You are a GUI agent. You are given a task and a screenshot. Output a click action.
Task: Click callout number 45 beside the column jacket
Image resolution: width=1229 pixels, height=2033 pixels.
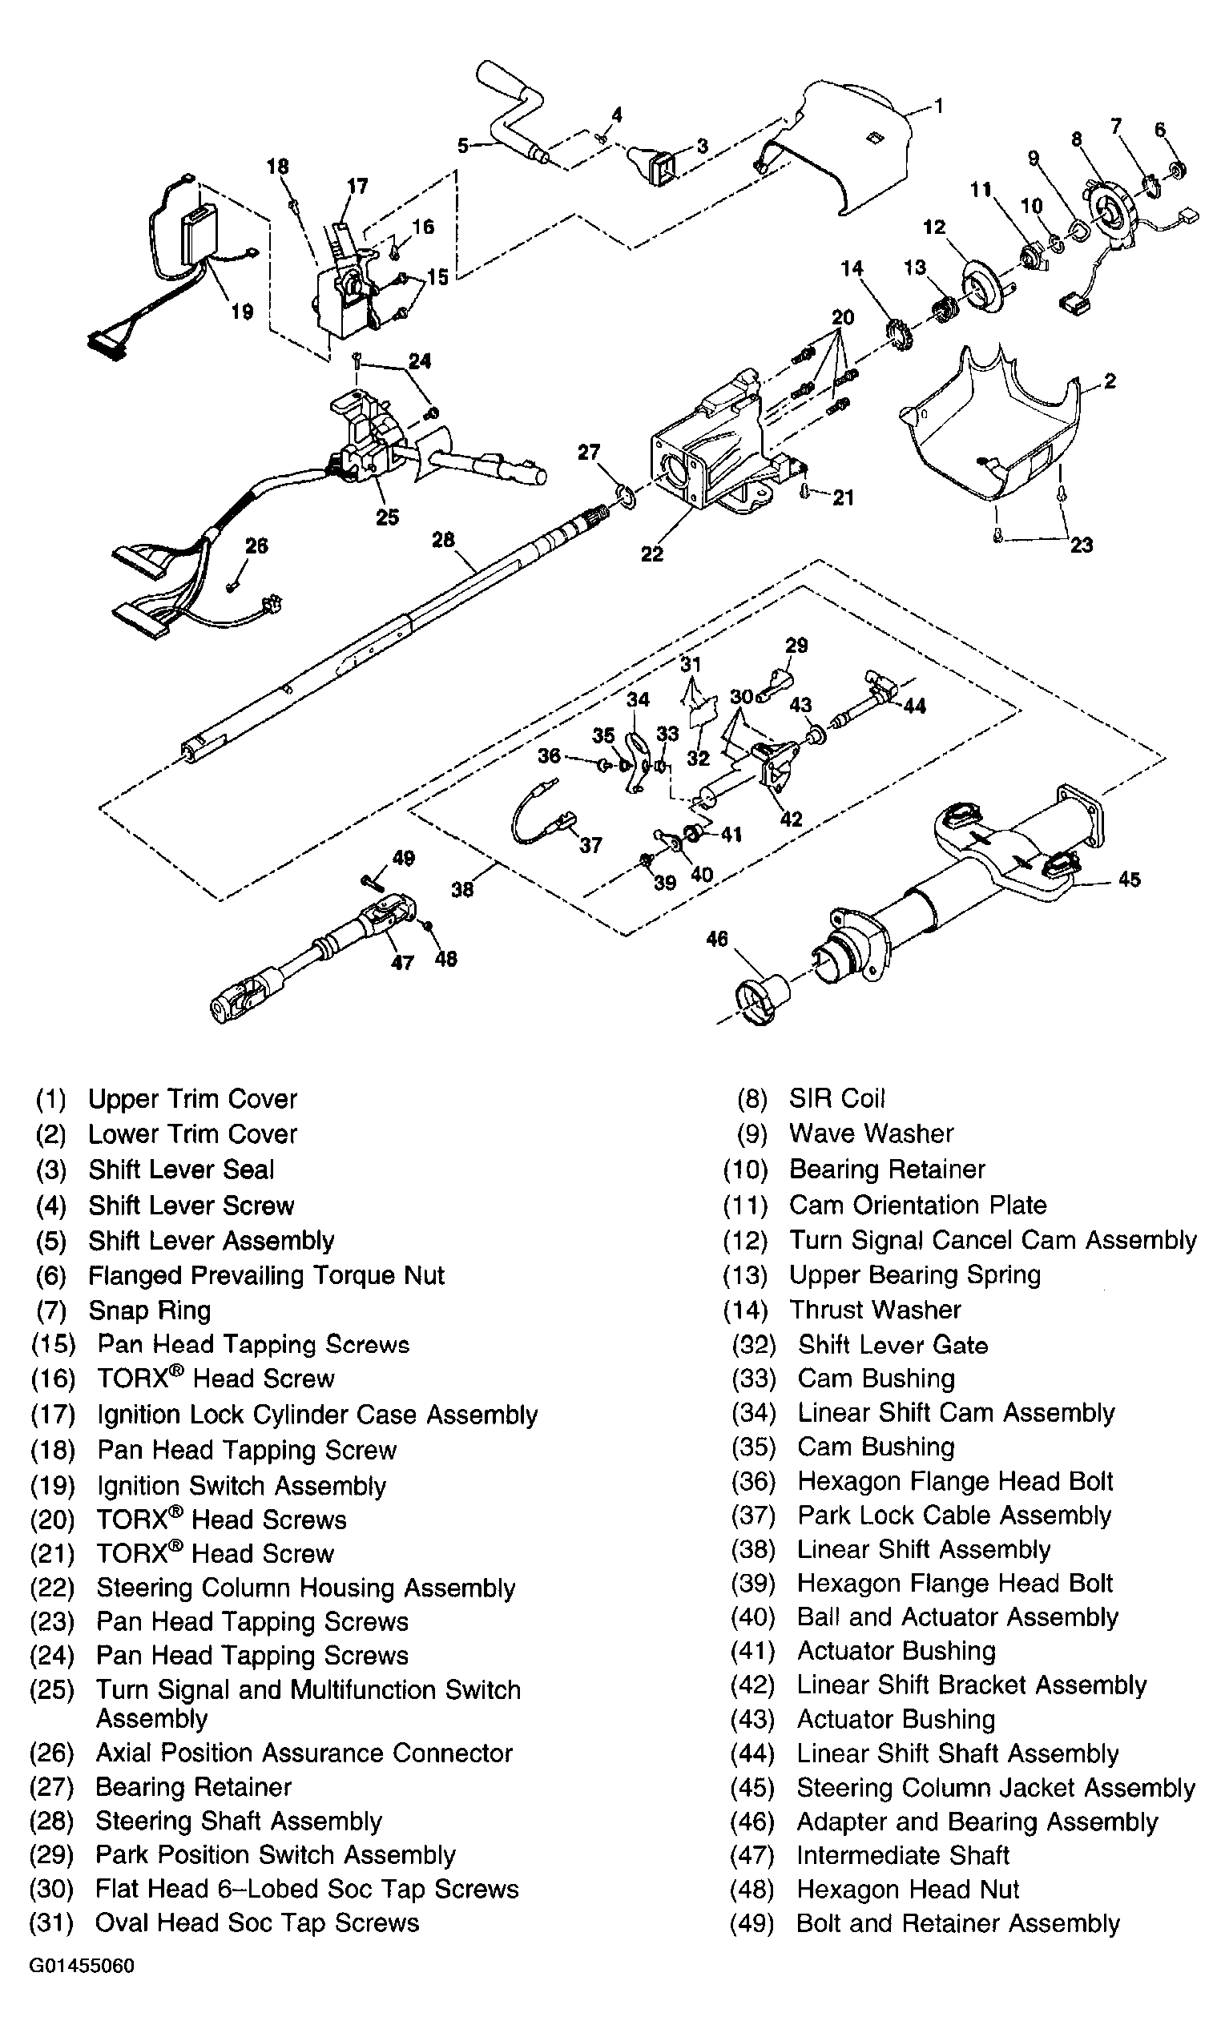[x=1128, y=880]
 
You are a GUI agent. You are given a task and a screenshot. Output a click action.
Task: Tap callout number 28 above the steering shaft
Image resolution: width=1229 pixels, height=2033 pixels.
[x=443, y=540]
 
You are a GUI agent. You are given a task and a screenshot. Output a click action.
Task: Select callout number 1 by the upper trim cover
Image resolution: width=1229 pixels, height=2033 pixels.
[x=937, y=106]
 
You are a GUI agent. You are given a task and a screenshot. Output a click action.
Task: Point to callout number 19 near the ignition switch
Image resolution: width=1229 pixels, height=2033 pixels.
[x=242, y=312]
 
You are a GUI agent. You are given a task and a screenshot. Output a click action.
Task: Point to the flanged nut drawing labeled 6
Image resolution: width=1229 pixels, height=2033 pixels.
[x=1178, y=170]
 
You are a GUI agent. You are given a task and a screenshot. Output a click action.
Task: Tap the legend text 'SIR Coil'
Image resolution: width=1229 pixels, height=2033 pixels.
[x=836, y=1098]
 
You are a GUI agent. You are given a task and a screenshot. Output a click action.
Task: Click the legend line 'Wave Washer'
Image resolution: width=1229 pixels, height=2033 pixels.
[x=871, y=1133]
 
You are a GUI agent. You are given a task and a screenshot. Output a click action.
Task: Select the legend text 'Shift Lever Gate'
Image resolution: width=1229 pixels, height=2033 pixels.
[x=893, y=1345]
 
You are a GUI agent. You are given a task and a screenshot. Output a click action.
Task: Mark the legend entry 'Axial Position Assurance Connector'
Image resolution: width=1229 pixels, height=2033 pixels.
[x=304, y=1753]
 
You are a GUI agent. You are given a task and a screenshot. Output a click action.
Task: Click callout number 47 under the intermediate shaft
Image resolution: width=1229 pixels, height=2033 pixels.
[x=402, y=963]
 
